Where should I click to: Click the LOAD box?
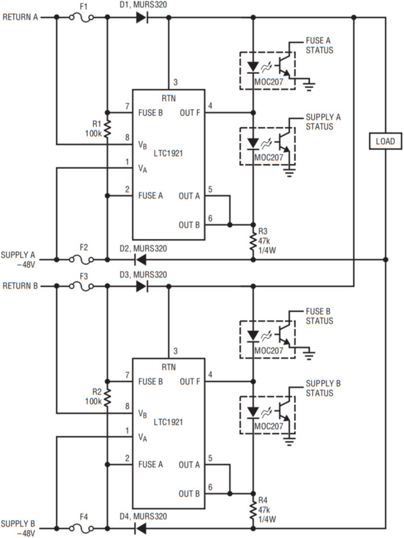coord(385,140)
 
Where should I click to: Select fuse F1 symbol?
coord(81,17)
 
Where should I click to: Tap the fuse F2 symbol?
coord(81,259)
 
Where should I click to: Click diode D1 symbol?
coord(141,17)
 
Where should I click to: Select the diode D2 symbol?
coord(139,259)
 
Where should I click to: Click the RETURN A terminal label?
coord(20,17)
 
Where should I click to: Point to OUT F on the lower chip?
coord(189,381)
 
